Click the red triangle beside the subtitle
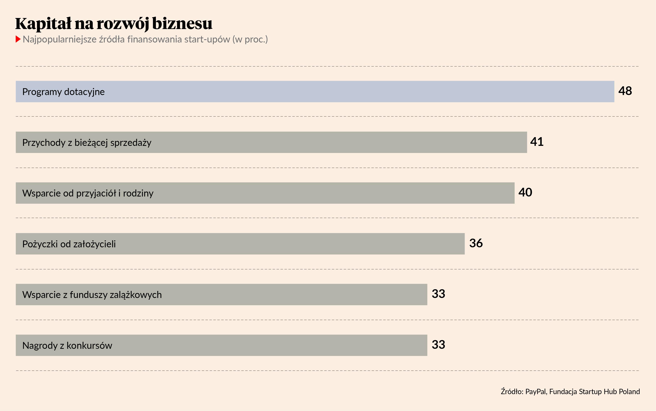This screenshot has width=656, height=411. (x=18, y=39)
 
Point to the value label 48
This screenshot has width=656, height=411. (x=625, y=91)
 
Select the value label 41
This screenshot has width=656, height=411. (x=537, y=142)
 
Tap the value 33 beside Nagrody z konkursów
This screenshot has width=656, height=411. (x=438, y=345)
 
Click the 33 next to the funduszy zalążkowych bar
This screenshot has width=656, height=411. (x=438, y=294)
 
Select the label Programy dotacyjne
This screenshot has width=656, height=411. (x=63, y=92)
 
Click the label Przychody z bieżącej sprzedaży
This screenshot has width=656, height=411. (x=87, y=143)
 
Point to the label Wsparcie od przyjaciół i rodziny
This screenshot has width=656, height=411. (x=88, y=193)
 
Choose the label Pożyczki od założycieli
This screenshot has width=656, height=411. (x=69, y=244)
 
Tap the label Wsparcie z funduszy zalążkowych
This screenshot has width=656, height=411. (x=92, y=295)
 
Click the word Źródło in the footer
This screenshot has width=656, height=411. (x=512, y=391)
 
